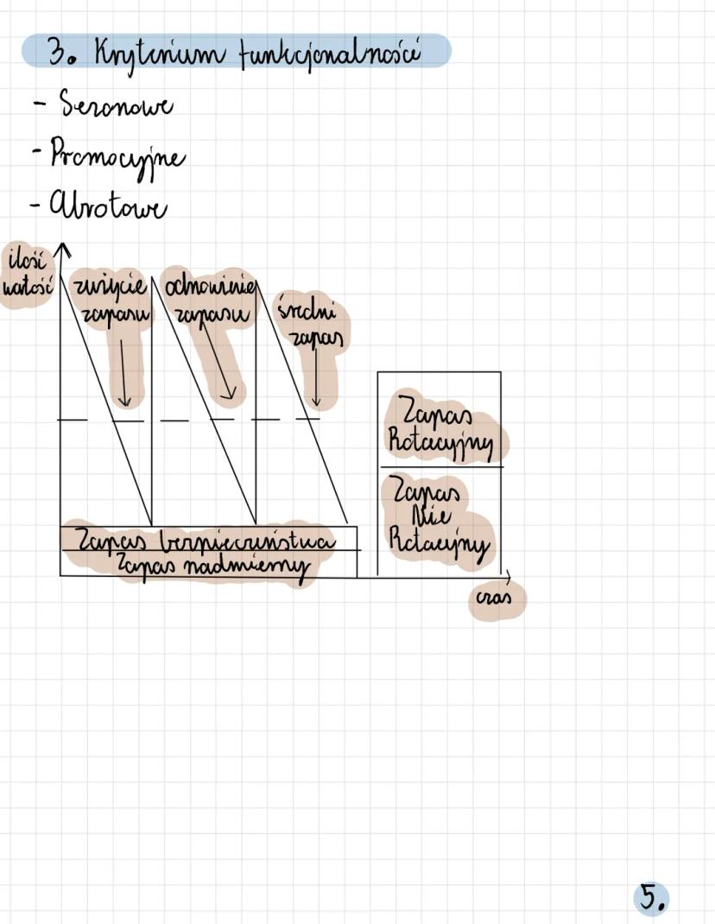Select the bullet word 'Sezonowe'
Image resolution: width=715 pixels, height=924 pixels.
(115, 107)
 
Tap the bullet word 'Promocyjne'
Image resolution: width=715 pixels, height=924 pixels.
(117, 157)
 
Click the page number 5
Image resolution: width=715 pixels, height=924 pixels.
(651, 898)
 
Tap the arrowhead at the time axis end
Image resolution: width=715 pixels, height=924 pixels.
(508, 574)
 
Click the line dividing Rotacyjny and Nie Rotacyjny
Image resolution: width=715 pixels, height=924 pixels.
(440, 467)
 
